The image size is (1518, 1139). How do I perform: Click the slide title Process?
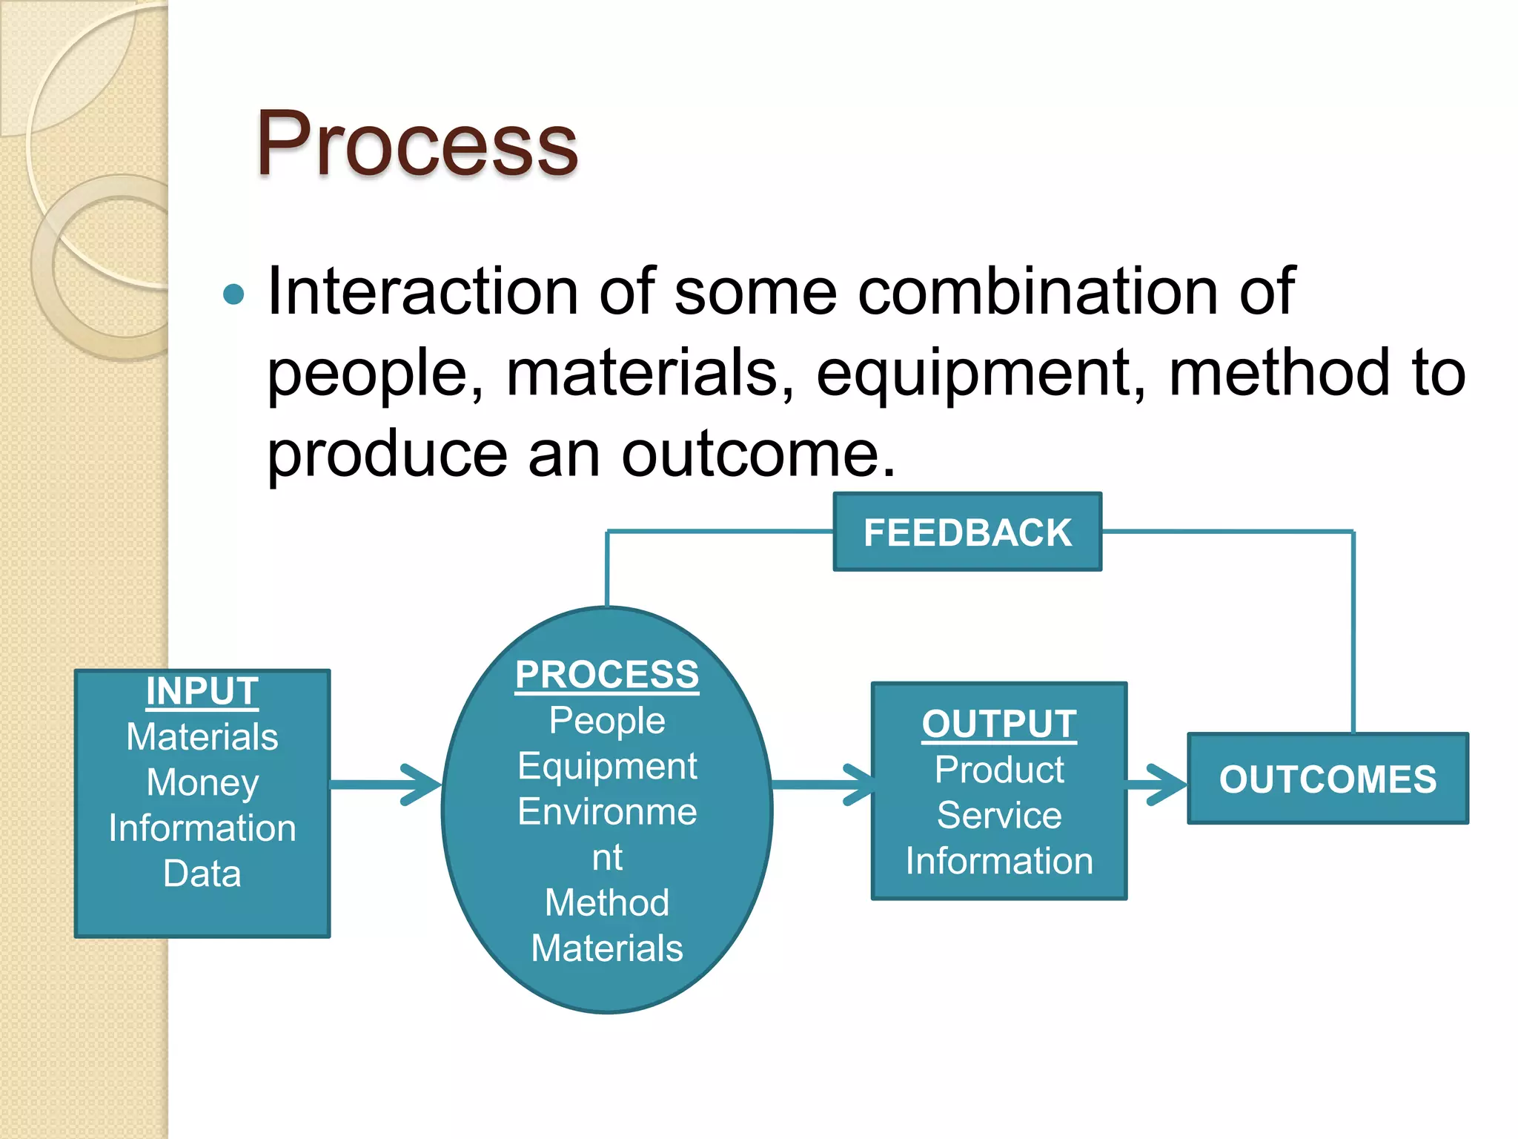417,145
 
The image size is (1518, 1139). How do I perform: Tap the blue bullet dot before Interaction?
233,294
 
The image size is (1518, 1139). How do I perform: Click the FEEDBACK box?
967,532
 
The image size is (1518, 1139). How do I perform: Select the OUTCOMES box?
1328,779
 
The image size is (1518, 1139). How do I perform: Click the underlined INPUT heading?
202,691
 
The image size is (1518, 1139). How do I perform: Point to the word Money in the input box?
202,783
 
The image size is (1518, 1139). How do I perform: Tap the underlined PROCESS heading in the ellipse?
607,675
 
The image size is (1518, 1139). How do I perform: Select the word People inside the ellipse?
607,721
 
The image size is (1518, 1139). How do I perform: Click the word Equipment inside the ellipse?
607,767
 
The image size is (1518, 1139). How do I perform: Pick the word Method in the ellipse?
607,903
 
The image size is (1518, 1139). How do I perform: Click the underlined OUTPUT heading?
999,724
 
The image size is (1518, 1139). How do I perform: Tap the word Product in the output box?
999,770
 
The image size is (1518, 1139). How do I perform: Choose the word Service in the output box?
999,816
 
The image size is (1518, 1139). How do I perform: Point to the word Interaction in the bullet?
422,291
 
